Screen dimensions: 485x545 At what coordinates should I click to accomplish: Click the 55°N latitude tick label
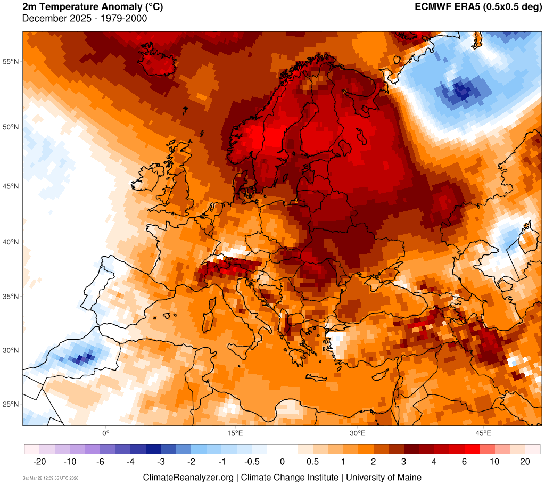tap(11, 62)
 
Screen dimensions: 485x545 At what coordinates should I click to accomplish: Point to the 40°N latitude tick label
tap(11, 242)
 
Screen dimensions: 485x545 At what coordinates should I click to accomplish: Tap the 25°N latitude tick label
tap(11, 404)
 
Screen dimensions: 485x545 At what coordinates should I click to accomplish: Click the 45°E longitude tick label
tap(483, 433)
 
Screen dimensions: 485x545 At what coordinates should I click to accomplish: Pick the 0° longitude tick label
tap(105, 433)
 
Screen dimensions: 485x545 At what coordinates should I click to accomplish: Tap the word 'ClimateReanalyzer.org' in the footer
tap(188, 477)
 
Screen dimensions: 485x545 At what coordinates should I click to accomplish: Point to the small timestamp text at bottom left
tap(51, 478)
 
